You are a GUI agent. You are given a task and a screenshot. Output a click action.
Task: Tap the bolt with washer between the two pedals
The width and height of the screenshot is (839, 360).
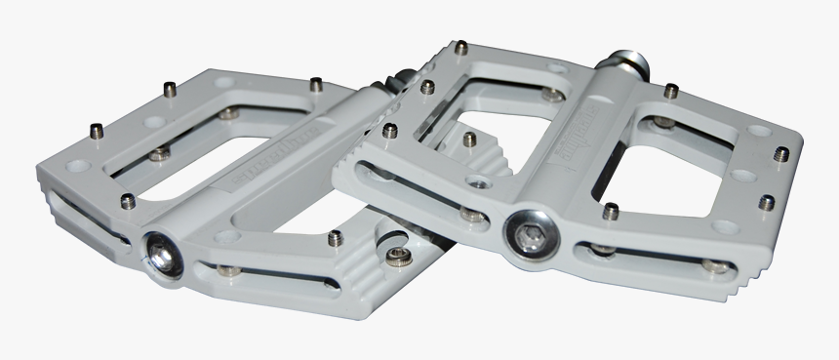click(398, 256)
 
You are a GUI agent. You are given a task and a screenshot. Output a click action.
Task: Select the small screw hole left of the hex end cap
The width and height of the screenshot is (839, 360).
click(479, 182)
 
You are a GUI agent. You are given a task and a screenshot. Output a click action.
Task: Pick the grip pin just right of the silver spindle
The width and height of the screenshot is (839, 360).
click(672, 92)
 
